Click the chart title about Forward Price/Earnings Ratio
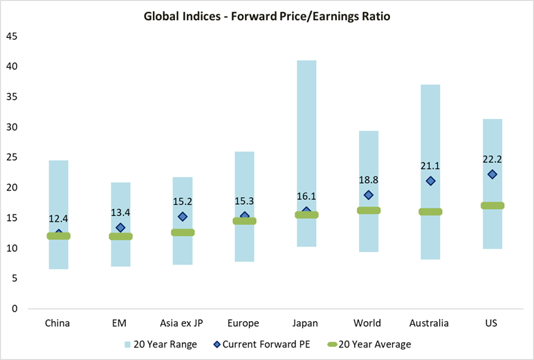tap(267, 15)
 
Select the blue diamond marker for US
tap(492, 174)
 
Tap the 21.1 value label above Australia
tap(430, 165)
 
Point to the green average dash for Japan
tap(306, 215)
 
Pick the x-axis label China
tap(58, 323)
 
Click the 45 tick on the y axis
tap(12, 36)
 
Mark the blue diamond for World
tap(369, 195)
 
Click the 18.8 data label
tap(369, 180)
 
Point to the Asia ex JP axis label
tap(183, 323)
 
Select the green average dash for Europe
tap(244, 221)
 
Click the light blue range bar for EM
tap(120, 208)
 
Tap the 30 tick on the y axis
tap(12, 127)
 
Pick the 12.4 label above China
tap(58, 219)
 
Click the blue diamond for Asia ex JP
tap(183, 217)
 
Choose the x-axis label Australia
tap(430, 323)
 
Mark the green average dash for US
tap(492, 206)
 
